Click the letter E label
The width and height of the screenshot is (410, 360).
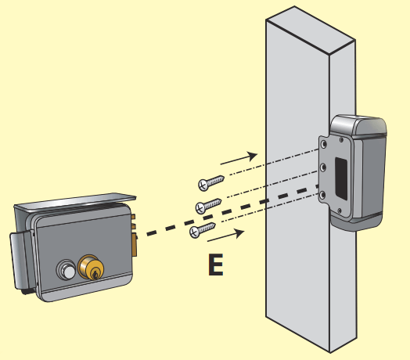pos(216,265)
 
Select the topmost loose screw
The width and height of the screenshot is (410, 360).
pos(210,182)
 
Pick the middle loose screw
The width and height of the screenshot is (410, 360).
pos(208,206)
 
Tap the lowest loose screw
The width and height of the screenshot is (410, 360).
pos(203,230)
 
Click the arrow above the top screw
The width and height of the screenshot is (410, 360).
pos(239,158)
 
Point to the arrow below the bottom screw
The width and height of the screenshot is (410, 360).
pos(226,235)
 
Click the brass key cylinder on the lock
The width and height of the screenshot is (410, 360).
pos(91,267)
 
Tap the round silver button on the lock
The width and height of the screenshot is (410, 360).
pos(66,269)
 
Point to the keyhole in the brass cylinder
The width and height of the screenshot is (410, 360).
pos(95,274)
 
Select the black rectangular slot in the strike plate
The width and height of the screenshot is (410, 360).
pos(341,178)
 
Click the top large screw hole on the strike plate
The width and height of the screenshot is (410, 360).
pos(324,144)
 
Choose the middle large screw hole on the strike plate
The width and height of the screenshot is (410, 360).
pos(323,167)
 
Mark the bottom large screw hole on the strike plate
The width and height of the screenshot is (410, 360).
pos(322,195)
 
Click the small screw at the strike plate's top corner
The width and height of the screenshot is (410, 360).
pos(341,140)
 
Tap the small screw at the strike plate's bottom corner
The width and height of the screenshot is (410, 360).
pos(340,211)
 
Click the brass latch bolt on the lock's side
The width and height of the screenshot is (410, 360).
pos(134,245)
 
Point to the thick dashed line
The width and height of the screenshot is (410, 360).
pos(232,210)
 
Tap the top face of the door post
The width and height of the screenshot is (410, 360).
pos(311,31)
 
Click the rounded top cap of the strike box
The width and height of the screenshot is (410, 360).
pos(358,125)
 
